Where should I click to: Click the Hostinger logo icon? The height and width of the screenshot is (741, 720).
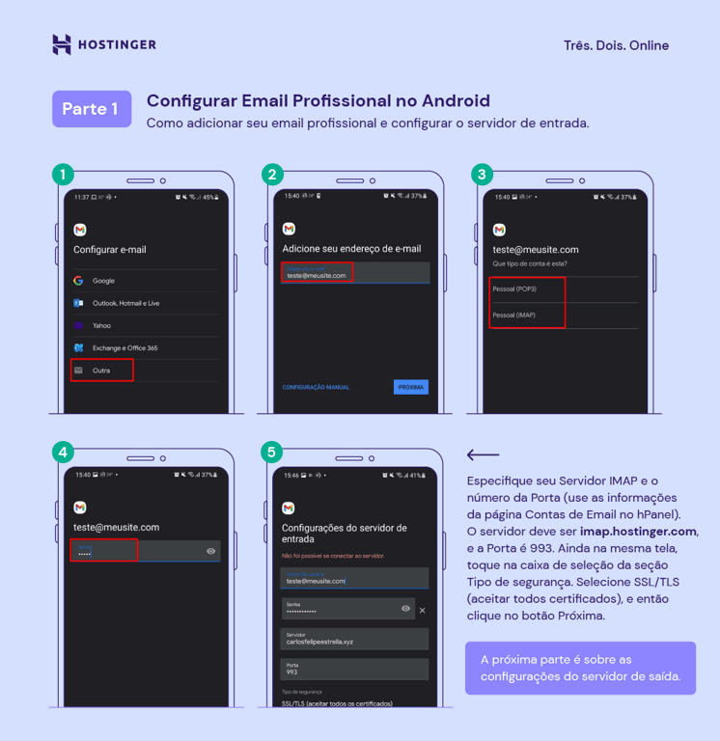[62, 44]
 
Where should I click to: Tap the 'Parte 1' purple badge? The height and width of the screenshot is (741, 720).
[91, 109]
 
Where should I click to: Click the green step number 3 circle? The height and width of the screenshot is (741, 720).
[482, 175]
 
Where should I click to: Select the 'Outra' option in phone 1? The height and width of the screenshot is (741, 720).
[101, 370]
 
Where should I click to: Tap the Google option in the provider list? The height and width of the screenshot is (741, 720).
[103, 281]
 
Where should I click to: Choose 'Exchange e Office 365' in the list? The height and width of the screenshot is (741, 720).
[125, 347]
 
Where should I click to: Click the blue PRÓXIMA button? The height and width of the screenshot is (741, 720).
[410, 387]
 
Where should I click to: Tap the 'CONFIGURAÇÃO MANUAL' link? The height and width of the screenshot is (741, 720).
[316, 387]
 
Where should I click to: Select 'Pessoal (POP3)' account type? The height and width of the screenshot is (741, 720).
[514, 289]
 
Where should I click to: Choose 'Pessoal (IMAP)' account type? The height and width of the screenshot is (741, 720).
[514, 316]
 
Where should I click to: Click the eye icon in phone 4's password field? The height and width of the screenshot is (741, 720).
[210, 551]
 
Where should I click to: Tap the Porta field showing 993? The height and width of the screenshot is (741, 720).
[354, 669]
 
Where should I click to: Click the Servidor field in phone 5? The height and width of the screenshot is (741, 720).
[354, 638]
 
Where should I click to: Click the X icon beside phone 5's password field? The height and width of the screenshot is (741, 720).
[422, 610]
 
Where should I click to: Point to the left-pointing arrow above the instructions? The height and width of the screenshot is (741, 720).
[483, 454]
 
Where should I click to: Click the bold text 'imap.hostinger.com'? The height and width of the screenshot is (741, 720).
[638, 532]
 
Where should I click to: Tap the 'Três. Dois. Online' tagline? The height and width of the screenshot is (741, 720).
[616, 45]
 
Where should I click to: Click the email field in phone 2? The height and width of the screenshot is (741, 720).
[354, 273]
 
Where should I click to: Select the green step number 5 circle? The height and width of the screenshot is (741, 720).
[271, 452]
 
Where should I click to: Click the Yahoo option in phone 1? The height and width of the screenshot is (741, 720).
[101, 325]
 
